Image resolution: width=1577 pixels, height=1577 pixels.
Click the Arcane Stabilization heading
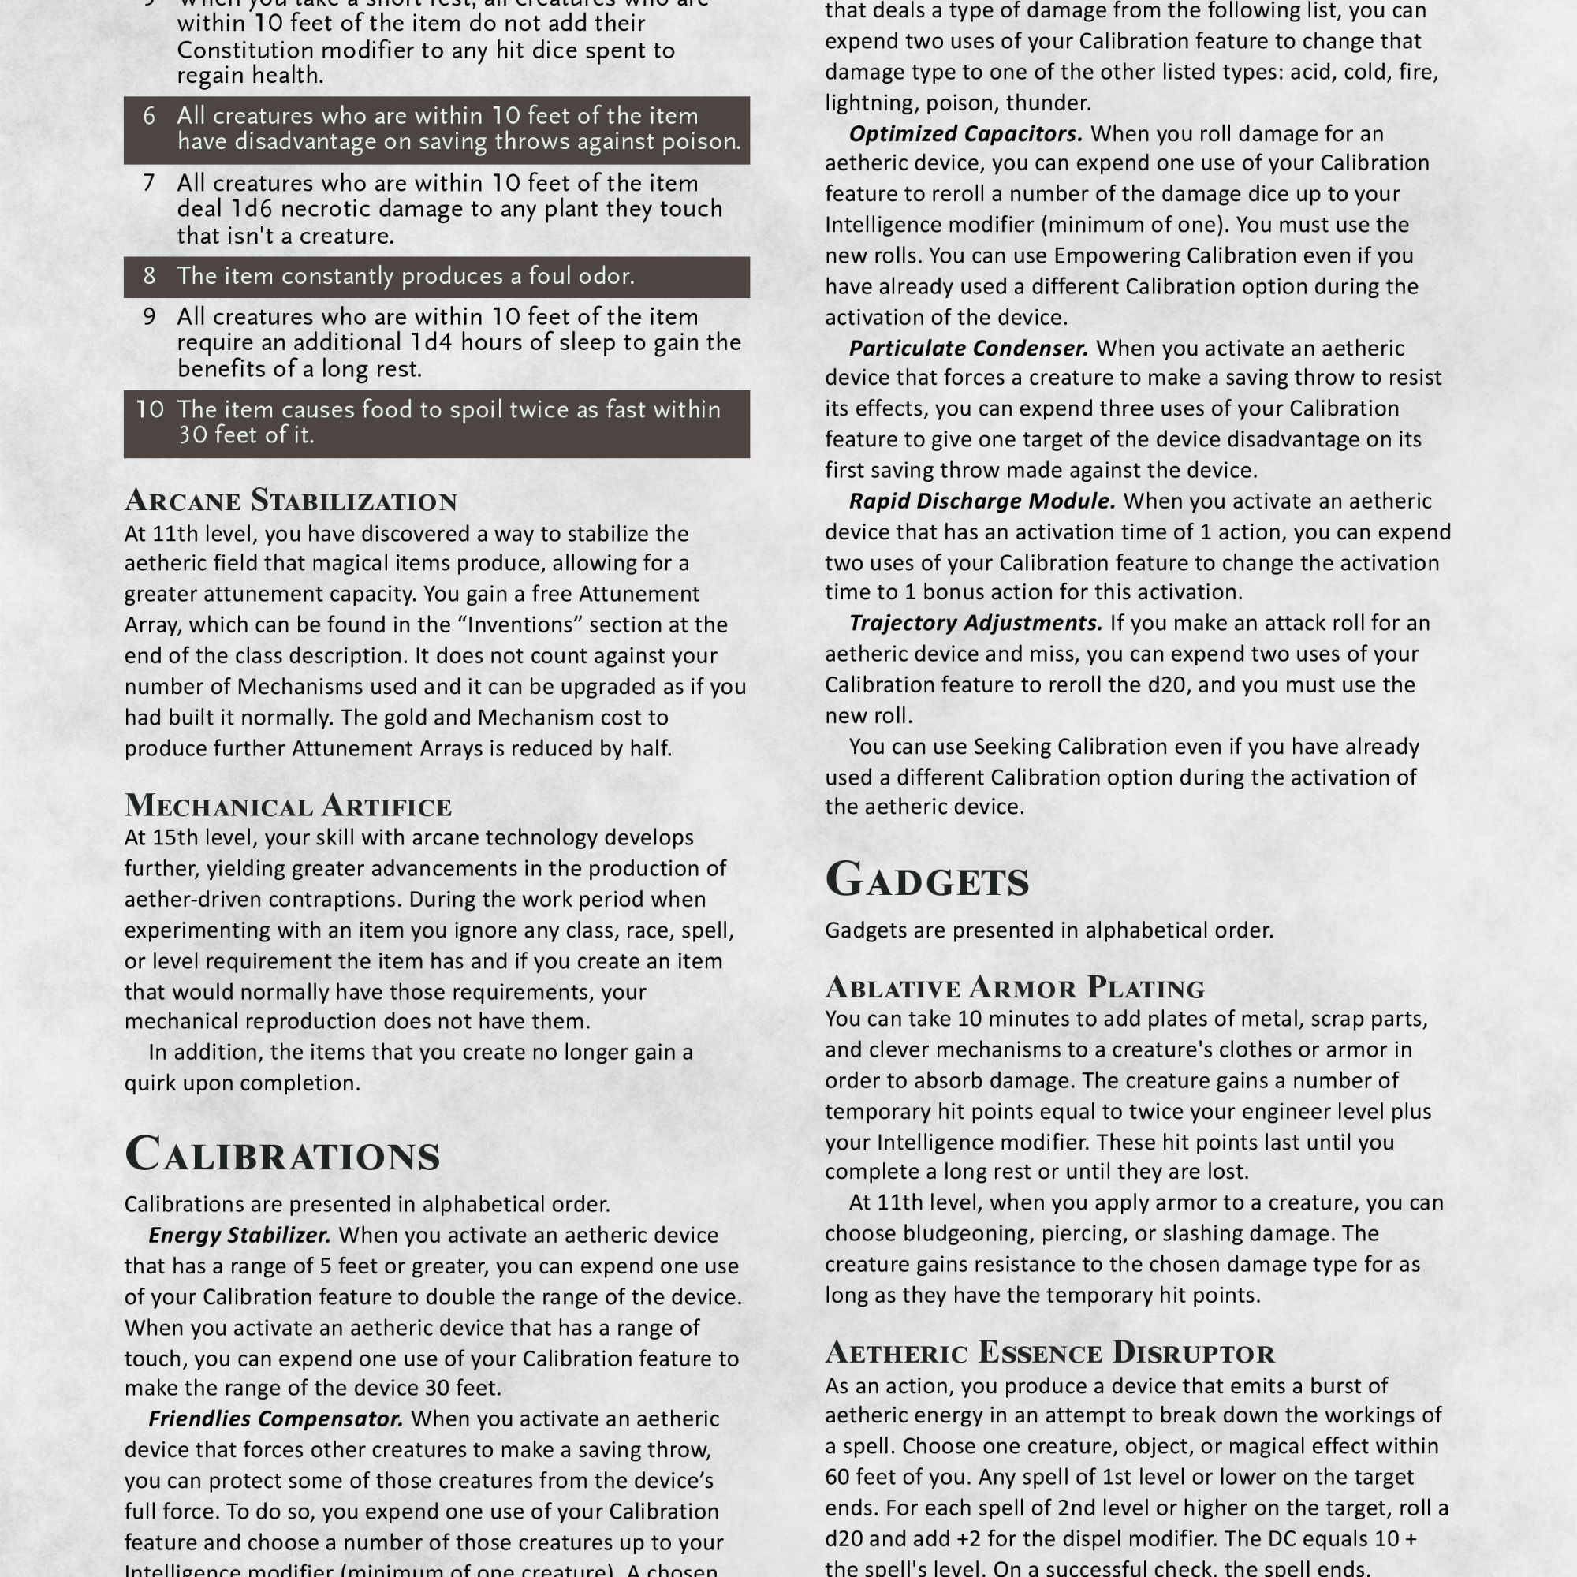click(x=291, y=501)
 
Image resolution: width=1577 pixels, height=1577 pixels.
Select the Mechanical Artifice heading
click(x=287, y=806)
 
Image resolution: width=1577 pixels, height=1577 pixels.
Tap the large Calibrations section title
click(x=281, y=1154)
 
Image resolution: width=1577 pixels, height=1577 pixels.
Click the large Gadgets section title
click(x=926, y=880)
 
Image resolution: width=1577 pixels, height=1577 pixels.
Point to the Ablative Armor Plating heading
click(x=1014, y=988)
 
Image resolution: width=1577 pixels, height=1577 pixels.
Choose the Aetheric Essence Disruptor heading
click(x=1049, y=1352)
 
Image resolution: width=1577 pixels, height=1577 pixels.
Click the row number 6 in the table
click(x=149, y=116)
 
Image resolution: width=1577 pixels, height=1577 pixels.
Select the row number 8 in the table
click(x=149, y=276)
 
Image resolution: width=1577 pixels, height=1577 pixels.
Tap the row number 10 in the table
click(x=149, y=409)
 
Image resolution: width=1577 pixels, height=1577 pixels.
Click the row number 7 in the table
click(x=149, y=183)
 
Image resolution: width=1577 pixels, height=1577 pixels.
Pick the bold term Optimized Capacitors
click(x=966, y=134)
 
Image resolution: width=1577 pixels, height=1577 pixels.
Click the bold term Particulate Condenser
click(x=968, y=349)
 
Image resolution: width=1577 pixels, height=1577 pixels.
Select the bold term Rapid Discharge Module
click(x=982, y=501)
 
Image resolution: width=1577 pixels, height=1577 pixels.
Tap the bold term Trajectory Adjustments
click(x=975, y=624)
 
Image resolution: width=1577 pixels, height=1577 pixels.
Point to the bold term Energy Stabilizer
click(x=239, y=1235)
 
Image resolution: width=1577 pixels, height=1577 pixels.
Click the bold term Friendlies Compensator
click(x=276, y=1419)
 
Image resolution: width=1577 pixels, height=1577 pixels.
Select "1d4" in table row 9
click(x=431, y=342)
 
